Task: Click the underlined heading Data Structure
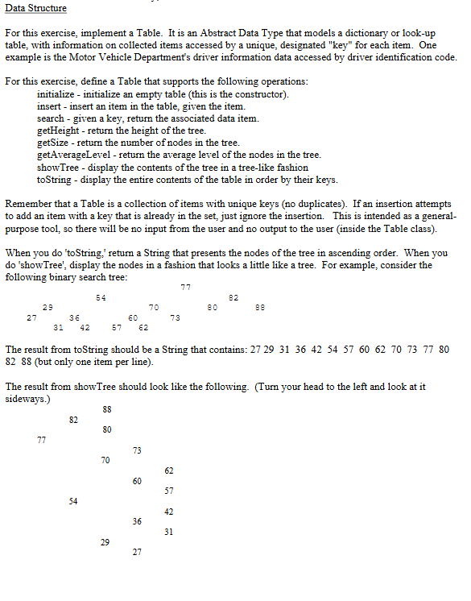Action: pos(35,8)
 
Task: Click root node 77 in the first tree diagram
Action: pos(185,288)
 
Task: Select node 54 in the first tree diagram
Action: pos(101,298)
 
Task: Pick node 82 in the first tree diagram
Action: pos(234,298)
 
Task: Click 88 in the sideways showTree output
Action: pos(107,409)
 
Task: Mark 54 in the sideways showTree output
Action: pos(73,501)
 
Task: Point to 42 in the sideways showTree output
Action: pos(167,512)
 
